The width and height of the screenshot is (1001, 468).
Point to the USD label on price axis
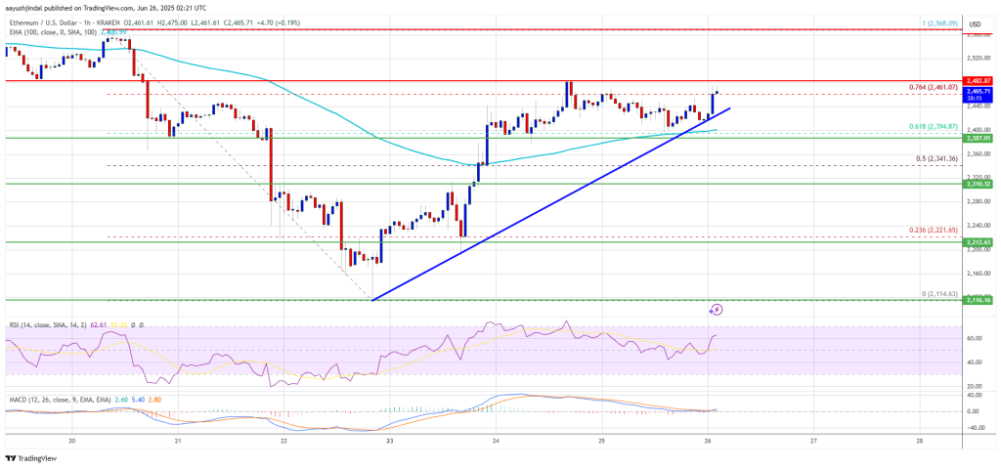tap(975, 23)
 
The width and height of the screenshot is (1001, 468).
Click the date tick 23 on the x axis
tap(389, 441)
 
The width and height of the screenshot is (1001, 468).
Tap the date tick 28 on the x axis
tap(919, 441)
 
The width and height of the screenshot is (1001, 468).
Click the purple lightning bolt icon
tap(716, 310)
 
